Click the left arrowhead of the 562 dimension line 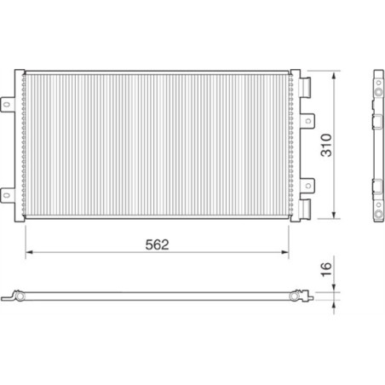pos(28,253)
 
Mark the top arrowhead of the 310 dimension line pos(331,73)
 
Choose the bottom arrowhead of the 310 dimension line pos(331,219)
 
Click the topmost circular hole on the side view pos(376,87)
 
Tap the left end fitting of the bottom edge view pos(18,297)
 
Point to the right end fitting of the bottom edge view pos(296,297)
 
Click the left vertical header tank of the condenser pos(26,146)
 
